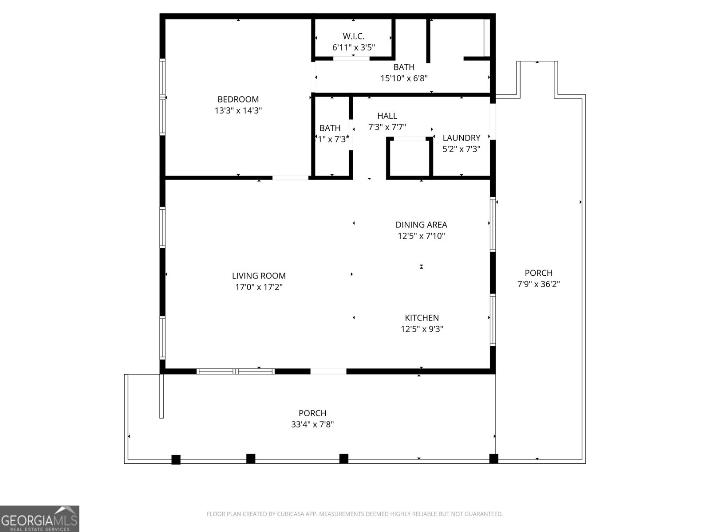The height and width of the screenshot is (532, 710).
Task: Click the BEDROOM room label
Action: click(238, 99)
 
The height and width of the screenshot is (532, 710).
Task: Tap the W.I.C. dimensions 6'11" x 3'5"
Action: click(354, 47)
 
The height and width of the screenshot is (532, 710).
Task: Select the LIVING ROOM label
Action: click(259, 276)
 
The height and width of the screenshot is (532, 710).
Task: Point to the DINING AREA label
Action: click(421, 225)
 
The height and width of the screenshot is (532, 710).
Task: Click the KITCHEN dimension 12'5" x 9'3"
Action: click(422, 329)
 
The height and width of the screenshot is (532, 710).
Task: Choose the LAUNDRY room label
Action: click(461, 138)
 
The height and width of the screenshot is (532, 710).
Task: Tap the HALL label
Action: click(387, 116)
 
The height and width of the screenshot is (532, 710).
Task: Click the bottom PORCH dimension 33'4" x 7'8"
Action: click(312, 424)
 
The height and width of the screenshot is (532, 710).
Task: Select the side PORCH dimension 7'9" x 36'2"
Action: click(538, 284)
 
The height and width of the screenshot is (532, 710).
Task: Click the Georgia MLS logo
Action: click(39, 519)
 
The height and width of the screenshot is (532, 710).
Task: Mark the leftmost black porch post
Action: click(176, 459)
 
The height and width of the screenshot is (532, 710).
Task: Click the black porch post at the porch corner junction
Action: click(493, 458)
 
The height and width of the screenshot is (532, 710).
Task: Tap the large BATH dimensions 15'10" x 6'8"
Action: click(404, 78)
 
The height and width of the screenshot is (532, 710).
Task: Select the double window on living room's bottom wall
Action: click(236, 371)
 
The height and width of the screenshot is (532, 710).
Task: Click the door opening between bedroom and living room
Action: click(290, 178)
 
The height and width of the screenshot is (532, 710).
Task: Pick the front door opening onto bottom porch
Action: click(328, 371)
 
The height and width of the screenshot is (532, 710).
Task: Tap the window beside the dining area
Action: click(492, 224)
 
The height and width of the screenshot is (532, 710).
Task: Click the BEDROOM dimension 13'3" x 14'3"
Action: click(238, 110)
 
